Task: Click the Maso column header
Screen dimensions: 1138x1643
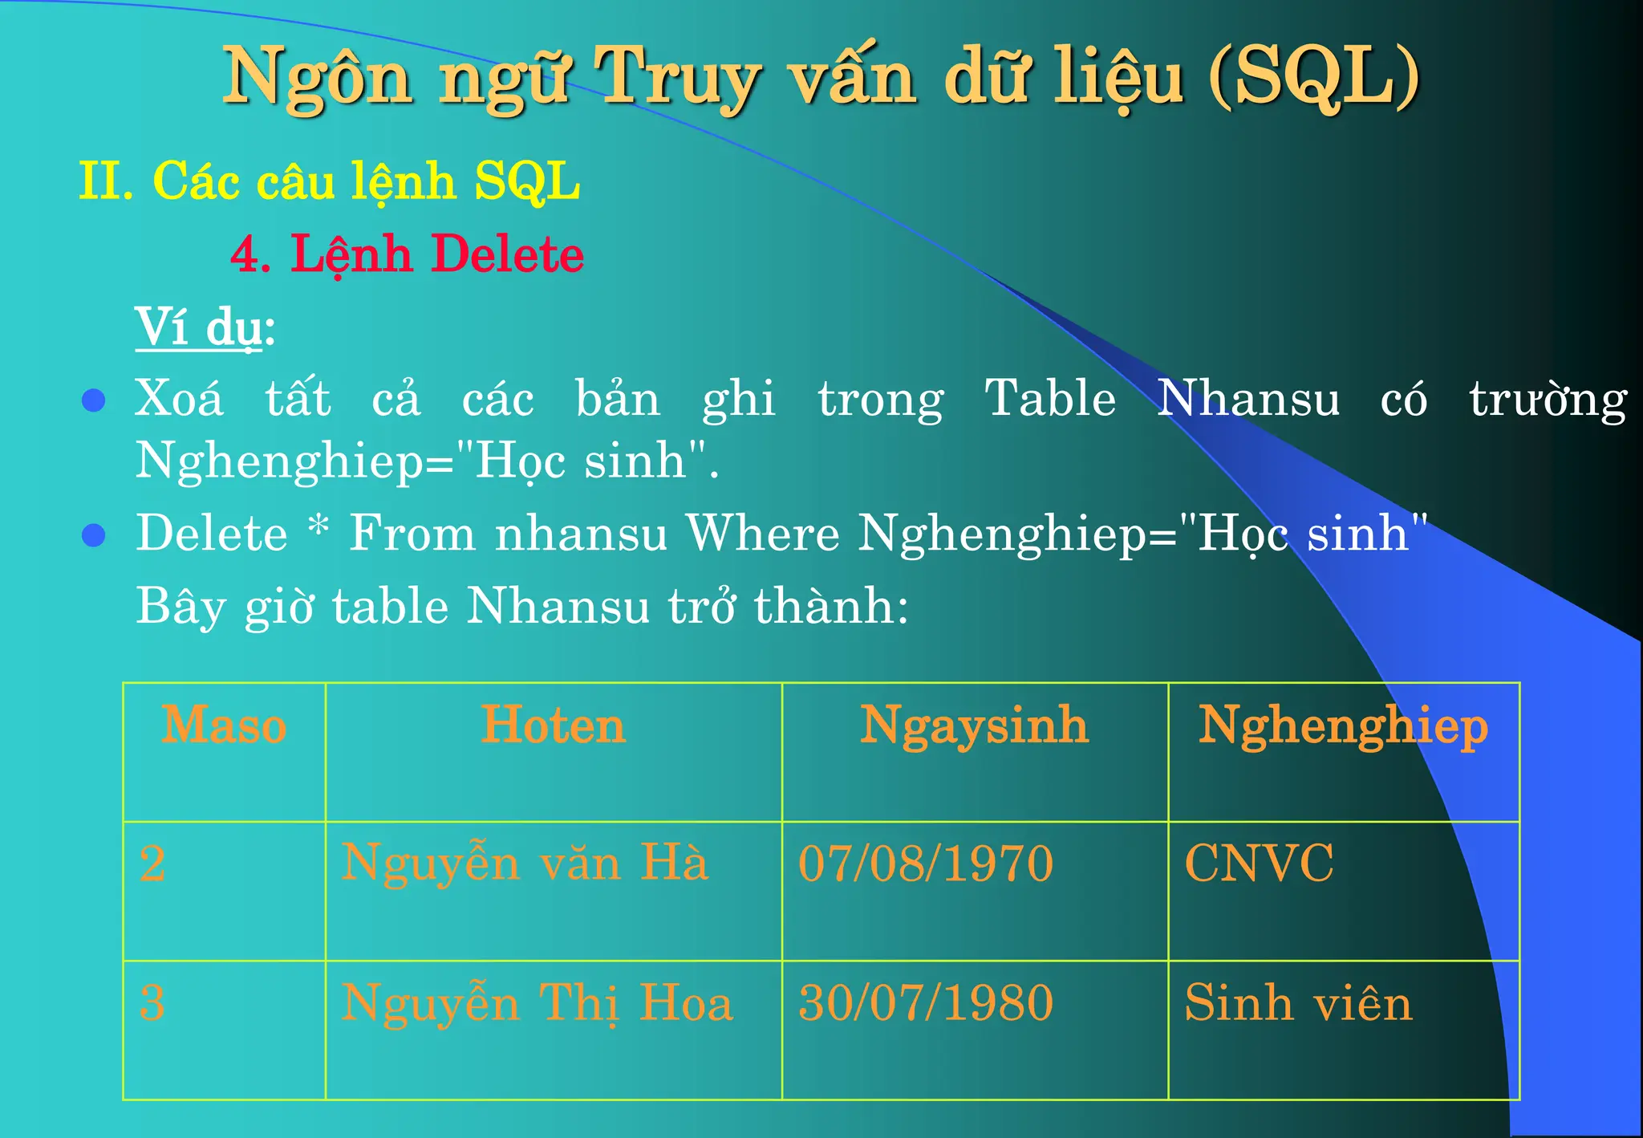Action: point(224,725)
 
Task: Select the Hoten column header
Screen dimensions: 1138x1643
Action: point(553,725)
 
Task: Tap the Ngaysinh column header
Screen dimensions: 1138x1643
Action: point(974,725)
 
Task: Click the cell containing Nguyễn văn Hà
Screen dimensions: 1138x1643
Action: point(525,864)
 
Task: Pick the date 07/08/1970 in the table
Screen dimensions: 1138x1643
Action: point(925,864)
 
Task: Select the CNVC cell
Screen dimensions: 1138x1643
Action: point(1259,864)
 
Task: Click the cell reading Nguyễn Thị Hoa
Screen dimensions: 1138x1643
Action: point(537,1003)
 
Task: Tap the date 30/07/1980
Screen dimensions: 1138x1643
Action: point(925,1003)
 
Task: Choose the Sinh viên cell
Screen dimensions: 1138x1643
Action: point(1297,1003)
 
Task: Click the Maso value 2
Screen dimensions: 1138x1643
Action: point(152,864)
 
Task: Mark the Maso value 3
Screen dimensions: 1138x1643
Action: point(152,1003)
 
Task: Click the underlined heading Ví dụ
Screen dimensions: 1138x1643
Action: point(199,327)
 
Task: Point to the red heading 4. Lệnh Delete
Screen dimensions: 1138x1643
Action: point(407,254)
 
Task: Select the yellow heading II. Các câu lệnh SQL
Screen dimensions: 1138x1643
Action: point(329,181)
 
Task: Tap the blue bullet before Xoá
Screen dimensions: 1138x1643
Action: point(94,400)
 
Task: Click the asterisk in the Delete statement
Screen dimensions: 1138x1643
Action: point(318,526)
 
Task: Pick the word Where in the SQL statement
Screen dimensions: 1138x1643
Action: point(762,533)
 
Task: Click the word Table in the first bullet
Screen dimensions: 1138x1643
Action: point(1050,398)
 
